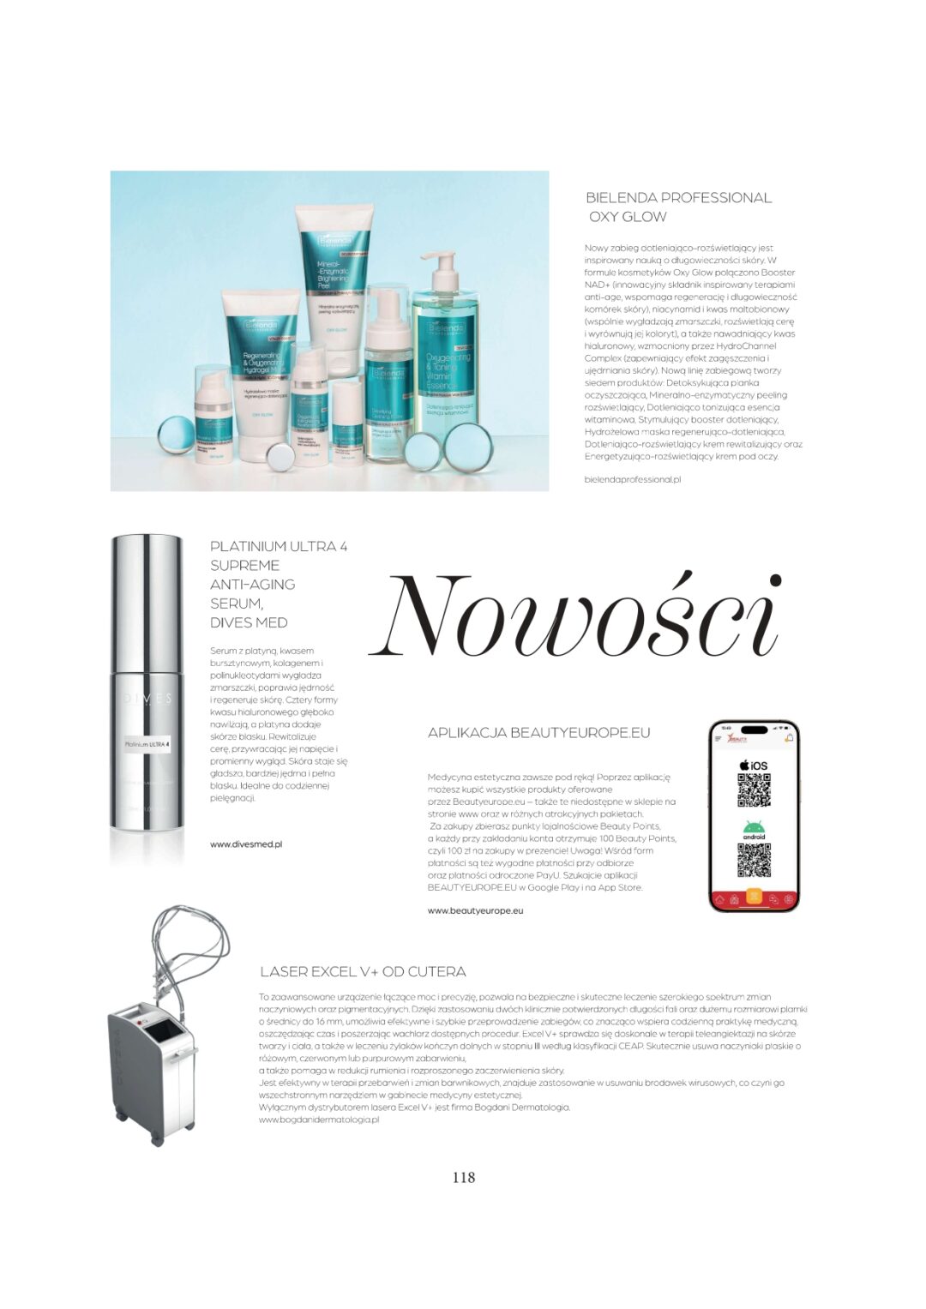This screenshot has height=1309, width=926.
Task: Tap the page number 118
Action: [x=463, y=1177]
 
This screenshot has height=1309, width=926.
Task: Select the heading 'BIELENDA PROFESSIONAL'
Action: [x=678, y=198]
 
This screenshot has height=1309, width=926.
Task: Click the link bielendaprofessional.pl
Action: [x=632, y=480]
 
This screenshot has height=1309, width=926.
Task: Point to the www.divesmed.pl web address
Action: [x=246, y=844]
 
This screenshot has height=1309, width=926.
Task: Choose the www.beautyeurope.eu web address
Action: [x=475, y=910]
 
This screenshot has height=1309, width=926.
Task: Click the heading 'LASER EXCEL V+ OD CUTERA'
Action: [x=363, y=972]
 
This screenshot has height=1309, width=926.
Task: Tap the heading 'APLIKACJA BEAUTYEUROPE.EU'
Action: [x=538, y=733]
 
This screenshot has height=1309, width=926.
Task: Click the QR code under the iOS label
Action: [x=754, y=790]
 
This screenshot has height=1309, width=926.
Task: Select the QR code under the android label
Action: [x=754, y=861]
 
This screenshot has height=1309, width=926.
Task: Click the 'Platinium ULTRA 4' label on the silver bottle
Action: [x=146, y=744]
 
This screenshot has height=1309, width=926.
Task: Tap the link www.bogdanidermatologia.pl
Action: [x=318, y=1120]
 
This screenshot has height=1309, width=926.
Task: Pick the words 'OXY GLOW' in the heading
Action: [x=627, y=217]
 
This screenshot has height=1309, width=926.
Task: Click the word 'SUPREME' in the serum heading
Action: [x=244, y=566]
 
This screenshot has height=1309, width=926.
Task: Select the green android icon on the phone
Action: [x=754, y=829]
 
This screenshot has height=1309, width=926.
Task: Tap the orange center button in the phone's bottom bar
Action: [x=754, y=897]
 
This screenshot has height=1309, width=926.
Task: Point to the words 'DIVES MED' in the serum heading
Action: [x=249, y=623]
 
